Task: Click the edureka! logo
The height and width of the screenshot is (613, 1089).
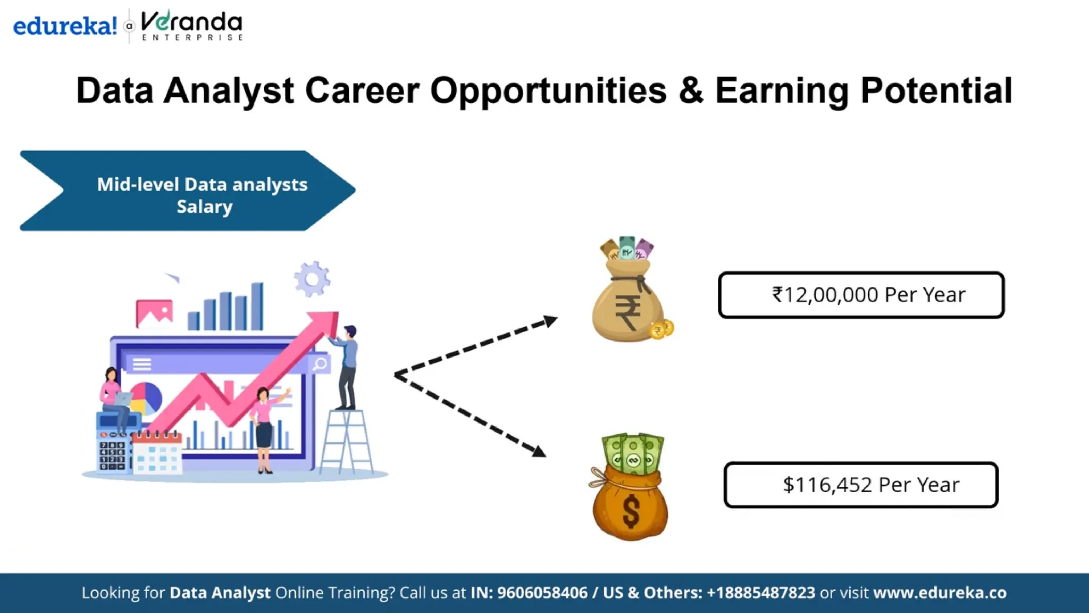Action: (x=65, y=26)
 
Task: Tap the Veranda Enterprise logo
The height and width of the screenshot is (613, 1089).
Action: (x=192, y=25)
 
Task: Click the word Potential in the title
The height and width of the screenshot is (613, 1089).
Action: (x=936, y=90)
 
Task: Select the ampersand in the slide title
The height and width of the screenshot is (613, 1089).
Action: (x=691, y=90)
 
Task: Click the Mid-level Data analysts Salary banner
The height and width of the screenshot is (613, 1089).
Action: (x=188, y=190)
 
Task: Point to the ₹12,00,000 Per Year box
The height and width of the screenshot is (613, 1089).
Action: (x=861, y=295)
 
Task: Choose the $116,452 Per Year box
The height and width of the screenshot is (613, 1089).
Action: (x=861, y=485)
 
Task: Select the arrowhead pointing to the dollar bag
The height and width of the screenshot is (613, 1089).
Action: (x=538, y=451)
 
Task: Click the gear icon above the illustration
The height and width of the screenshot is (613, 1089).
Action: (x=312, y=279)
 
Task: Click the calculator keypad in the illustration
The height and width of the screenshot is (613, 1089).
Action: (x=112, y=455)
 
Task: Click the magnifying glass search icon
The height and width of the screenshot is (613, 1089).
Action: (x=320, y=364)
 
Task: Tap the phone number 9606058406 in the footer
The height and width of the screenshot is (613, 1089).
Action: (x=542, y=593)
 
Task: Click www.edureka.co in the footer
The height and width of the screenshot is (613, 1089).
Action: (x=940, y=593)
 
